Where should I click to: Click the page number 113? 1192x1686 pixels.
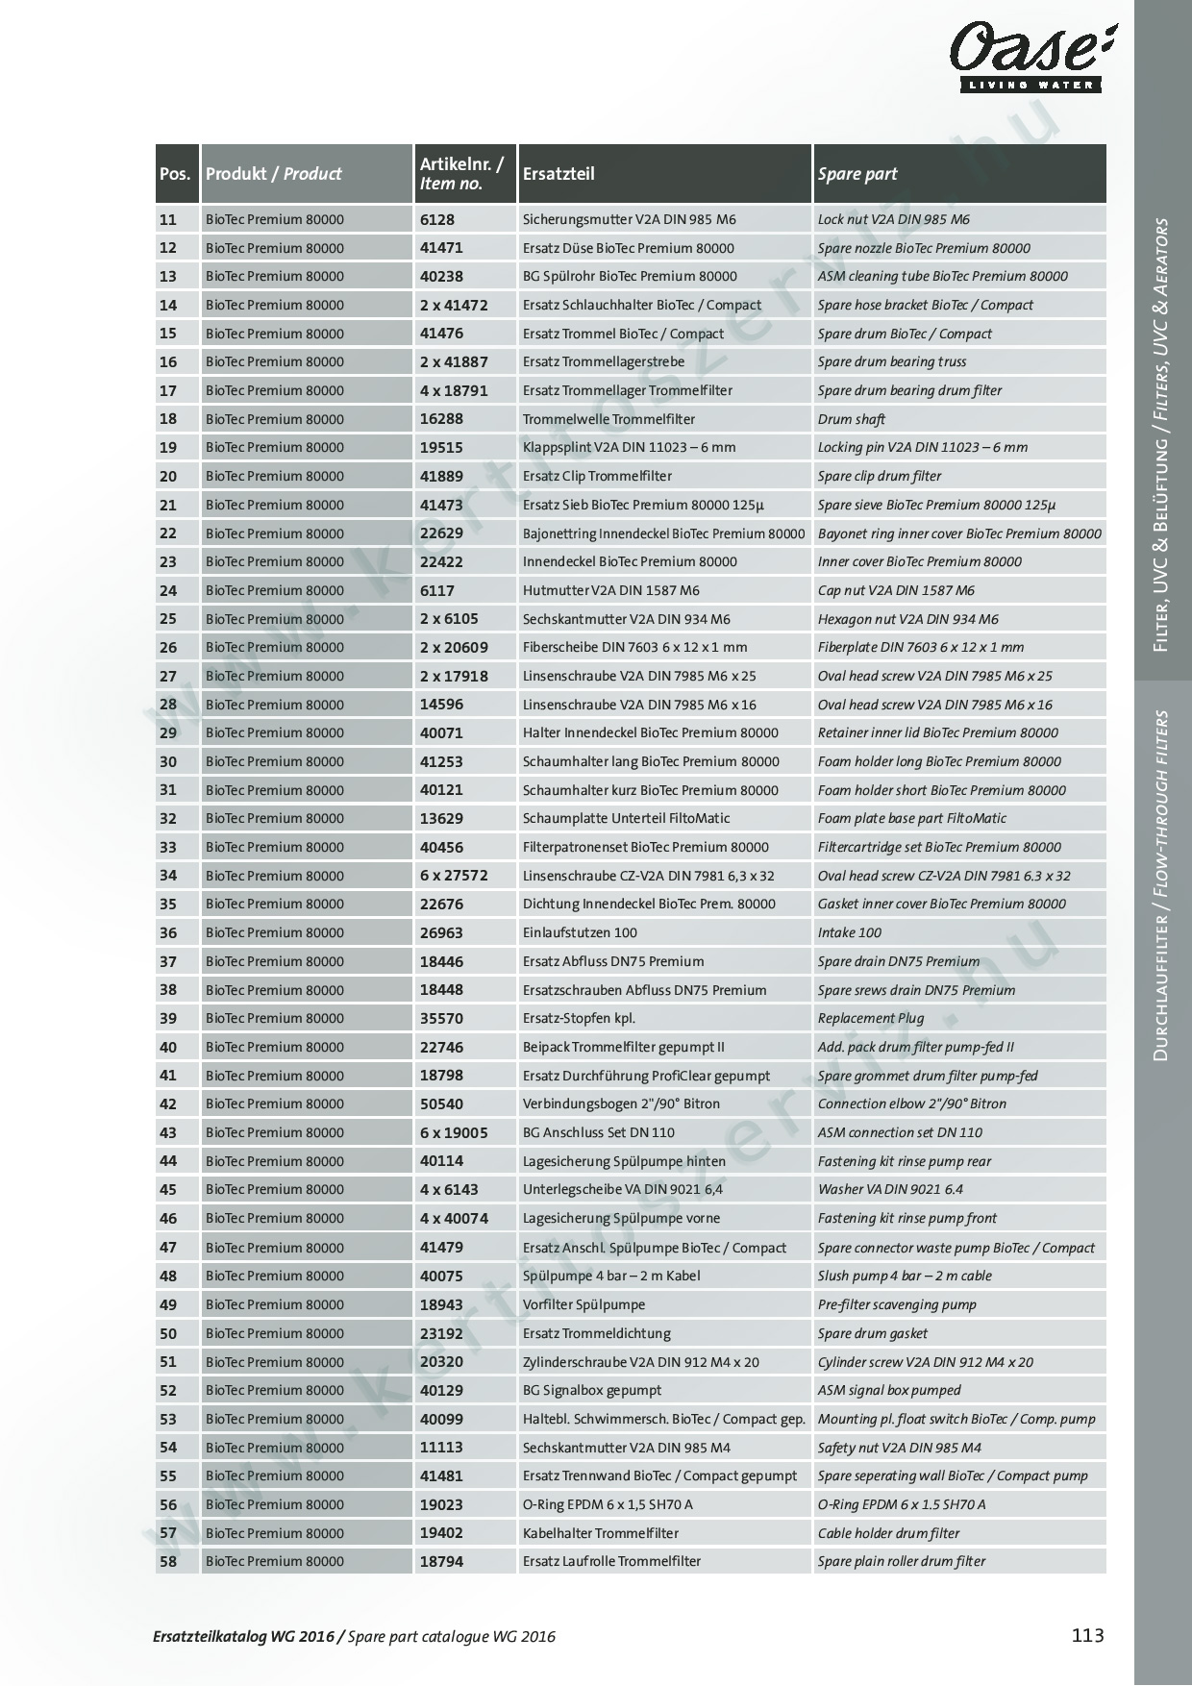[x=1087, y=1635]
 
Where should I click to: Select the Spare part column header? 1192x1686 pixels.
[x=857, y=174]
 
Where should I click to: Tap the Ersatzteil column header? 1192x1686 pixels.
[x=559, y=174]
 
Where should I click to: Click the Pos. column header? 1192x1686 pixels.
[x=175, y=174]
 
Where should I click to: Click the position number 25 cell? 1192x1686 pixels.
[x=168, y=619]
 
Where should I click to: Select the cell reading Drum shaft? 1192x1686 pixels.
[x=852, y=419]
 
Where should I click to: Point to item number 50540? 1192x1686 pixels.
[x=441, y=1103]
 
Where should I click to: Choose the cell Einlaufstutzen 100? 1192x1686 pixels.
[x=580, y=932]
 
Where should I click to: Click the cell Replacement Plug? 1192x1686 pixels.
[x=871, y=1018]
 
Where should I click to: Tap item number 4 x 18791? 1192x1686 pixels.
[x=454, y=390]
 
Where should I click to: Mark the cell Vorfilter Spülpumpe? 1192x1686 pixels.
[x=584, y=1304]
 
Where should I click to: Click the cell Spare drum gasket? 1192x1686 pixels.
[x=873, y=1333]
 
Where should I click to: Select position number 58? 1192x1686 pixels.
[x=168, y=1561]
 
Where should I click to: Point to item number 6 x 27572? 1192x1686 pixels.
[x=454, y=876]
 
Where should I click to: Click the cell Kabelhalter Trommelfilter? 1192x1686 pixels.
[x=601, y=1533]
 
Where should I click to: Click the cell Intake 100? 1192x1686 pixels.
[x=850, y=932]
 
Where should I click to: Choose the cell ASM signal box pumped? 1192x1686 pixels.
[x=889, y=1390]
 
